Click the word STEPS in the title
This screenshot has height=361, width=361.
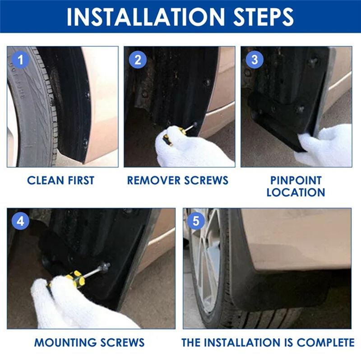[262, 17]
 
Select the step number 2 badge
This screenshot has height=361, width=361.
[138, 60]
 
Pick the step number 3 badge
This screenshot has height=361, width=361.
[254, 60]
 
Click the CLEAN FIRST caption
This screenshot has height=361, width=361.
[60, 180]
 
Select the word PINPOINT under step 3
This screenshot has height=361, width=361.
[296, 180]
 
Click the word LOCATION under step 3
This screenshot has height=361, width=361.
[296, 192]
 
